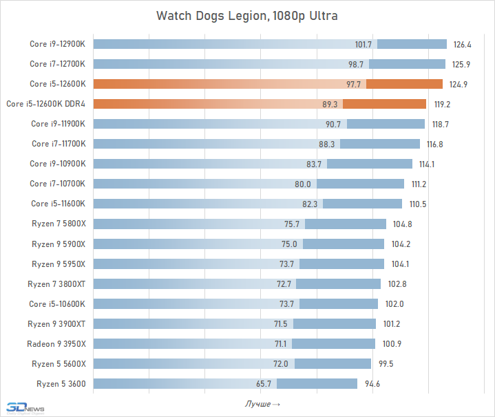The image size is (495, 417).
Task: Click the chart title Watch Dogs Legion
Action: coord(247,15)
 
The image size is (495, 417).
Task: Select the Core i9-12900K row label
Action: coord(58,45)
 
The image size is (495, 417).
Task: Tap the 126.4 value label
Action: coord(462,45)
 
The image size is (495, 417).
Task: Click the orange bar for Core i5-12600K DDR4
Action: coord(259,104)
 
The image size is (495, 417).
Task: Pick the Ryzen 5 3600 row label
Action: coord(59,383)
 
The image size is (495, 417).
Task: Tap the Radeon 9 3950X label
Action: coord(56,343)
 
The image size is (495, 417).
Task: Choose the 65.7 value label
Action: coord(265,383)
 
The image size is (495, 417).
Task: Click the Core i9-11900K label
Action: coord(58,124)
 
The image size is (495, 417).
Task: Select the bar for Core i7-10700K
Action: coord(248,184)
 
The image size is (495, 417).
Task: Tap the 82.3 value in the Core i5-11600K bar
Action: coord(311,204)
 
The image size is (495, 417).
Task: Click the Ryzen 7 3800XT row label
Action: coord(56,284)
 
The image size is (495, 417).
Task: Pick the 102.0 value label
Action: coord(394,303)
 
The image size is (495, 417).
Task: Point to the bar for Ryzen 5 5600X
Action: coord(232,363)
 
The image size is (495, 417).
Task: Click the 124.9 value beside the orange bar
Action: coord(459,85)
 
